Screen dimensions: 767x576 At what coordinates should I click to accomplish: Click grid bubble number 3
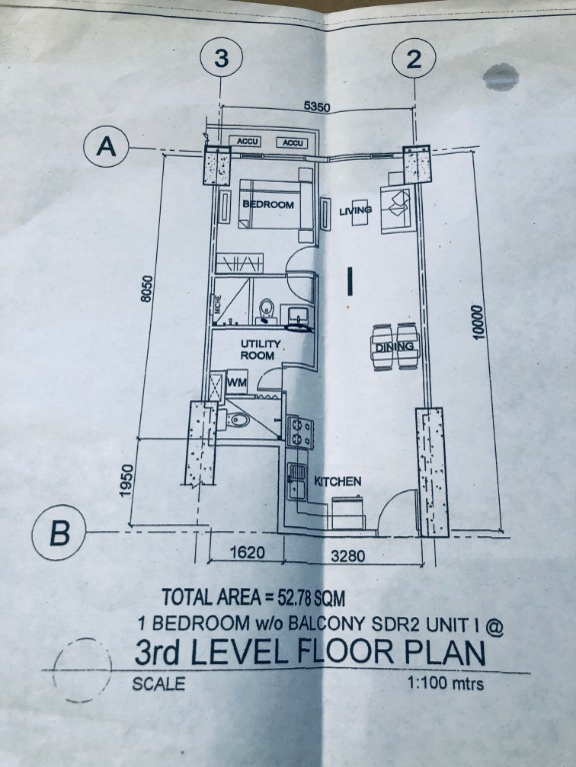click(221, 59)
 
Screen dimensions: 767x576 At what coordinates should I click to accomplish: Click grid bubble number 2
click(413, 59)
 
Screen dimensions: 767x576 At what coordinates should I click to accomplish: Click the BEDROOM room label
click(268, 205)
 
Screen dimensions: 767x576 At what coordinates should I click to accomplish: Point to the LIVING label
click(355, 211)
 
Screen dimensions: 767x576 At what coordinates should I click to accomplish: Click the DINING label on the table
click(395, 347)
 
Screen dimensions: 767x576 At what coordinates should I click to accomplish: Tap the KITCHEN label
click(337, 481)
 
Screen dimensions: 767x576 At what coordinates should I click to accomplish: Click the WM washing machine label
click(237, 383)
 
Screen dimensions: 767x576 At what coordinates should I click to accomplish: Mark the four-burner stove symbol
click(301, 430)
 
